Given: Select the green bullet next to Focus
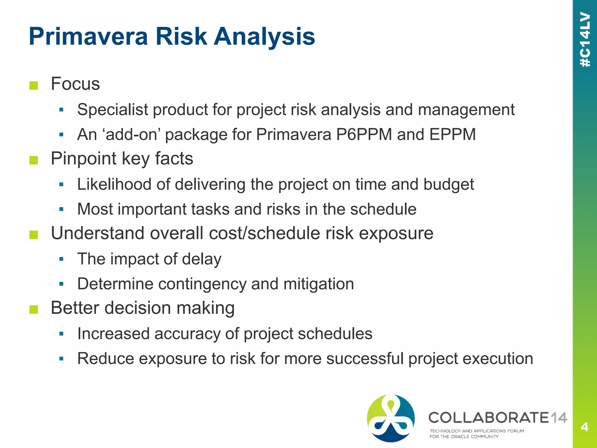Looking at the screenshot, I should [34, 85].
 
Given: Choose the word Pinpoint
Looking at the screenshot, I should [83, 159].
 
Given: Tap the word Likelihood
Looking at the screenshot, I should [114, 184].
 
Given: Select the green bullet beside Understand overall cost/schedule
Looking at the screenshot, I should [34, 235].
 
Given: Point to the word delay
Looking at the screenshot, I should [201, 259].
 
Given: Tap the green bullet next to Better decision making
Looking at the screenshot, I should [34, 309].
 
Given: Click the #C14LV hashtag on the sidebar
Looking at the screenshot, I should [585, 39].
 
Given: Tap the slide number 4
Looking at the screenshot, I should [584, 427].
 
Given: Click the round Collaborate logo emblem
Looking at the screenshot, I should [391, 418].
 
